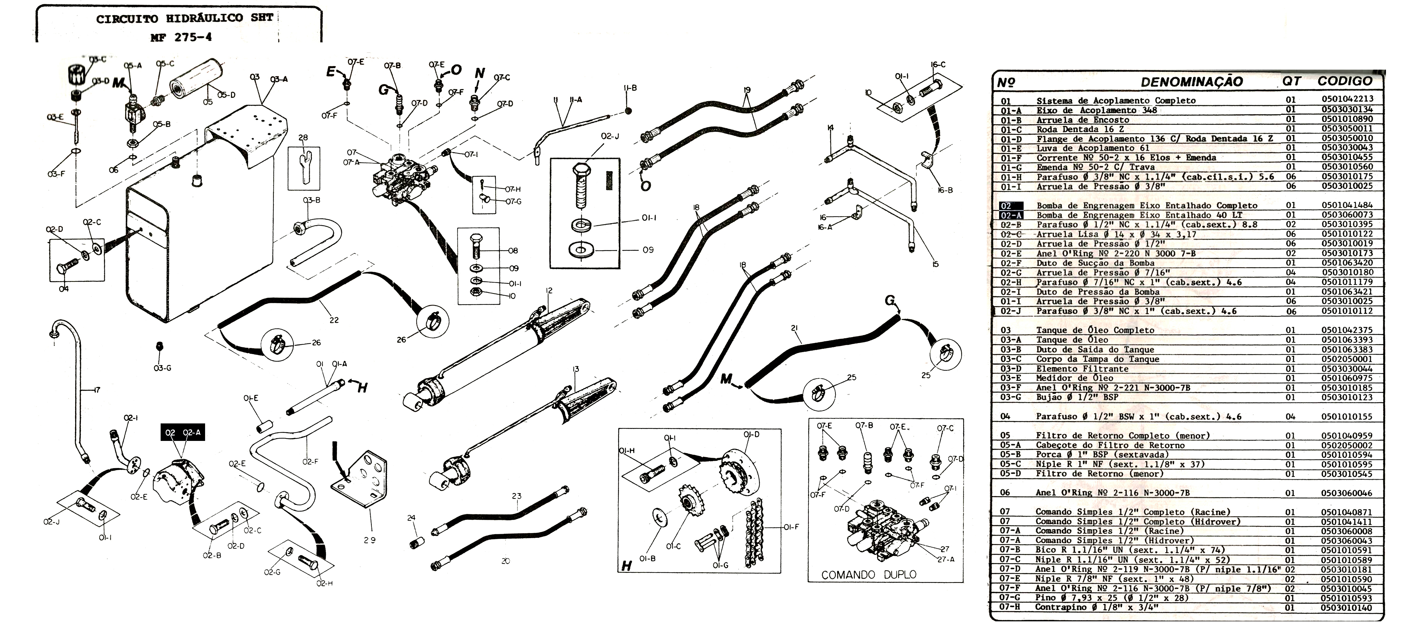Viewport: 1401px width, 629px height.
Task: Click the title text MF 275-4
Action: pyautogui.click(x=181, y=37)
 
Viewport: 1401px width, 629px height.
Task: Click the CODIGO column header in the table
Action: pyautogui.click(x=1344, y=81)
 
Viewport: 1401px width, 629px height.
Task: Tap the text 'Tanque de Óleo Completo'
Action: pyautogui.click(x=1095, y=330)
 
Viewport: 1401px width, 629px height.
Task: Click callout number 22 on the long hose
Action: pyautogui.click(x=334, y=320)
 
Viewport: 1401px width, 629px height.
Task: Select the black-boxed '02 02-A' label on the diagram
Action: pyautogui.click(x=183, y=433)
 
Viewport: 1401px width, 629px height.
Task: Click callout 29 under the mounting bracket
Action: pyautogui.click(x=370, y=540)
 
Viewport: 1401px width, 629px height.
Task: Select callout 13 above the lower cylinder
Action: pyautogui.click(x=575, y=369)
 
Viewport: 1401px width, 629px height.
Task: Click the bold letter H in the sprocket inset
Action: pyautogui.click(x=627, y=566)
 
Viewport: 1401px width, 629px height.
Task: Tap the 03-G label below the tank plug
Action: pyautogui.click(x=162, y=368)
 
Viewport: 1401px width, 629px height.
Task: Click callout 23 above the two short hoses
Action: pyautogui.click(x=516, y=496)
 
